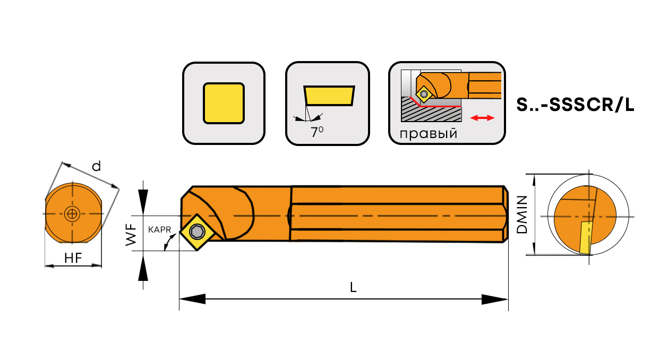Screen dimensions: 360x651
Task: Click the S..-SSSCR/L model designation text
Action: [x=575, y=105]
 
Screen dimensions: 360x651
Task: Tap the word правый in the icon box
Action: [x=428, y=133]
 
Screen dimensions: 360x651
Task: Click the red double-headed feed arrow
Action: [x=483, y=118]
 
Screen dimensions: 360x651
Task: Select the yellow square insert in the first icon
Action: [x=224, y=103]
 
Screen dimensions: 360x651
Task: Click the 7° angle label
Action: [x=317, y=132]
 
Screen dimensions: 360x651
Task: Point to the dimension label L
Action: [x=353, y=287]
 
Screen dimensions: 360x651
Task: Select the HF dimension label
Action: [x=72, y=259]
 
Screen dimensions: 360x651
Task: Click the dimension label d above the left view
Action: [x=96, y=166]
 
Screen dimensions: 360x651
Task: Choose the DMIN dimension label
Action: [x=522, y=215]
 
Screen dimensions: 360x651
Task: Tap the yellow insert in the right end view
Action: [x=585, y=238]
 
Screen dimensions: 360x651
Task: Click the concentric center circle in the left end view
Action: [x=72, y=215]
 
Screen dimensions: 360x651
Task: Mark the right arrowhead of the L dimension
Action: [x=495, y=299]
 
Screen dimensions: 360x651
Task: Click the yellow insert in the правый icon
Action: [x=424, y=94]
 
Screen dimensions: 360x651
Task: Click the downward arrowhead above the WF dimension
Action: [x=143, y=200]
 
